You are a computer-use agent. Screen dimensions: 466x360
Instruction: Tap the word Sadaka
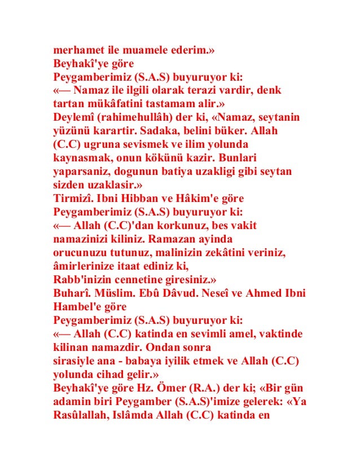pos(152,131)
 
